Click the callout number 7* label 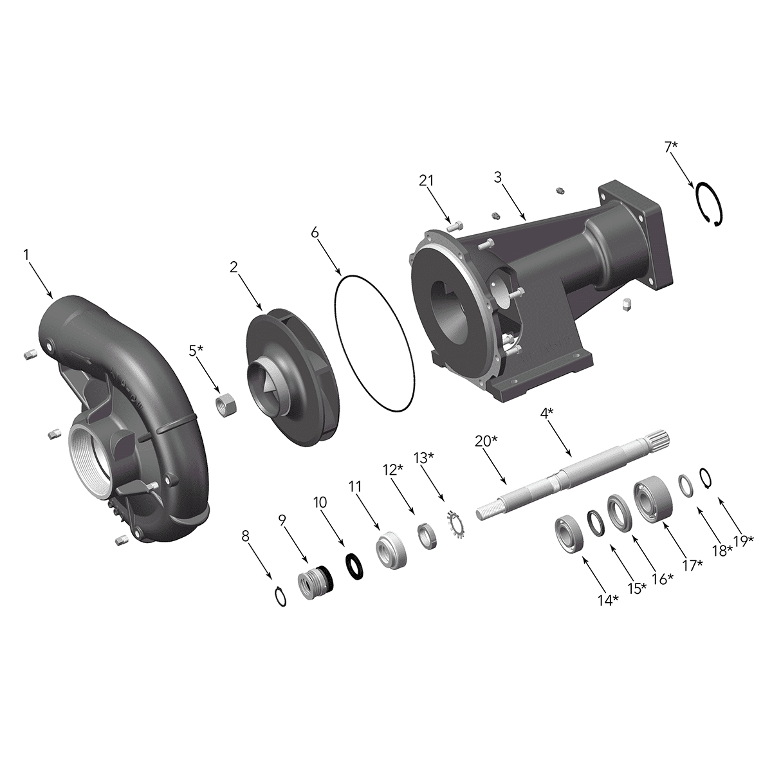tap(671, 147)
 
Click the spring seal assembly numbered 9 tap(315, 585)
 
